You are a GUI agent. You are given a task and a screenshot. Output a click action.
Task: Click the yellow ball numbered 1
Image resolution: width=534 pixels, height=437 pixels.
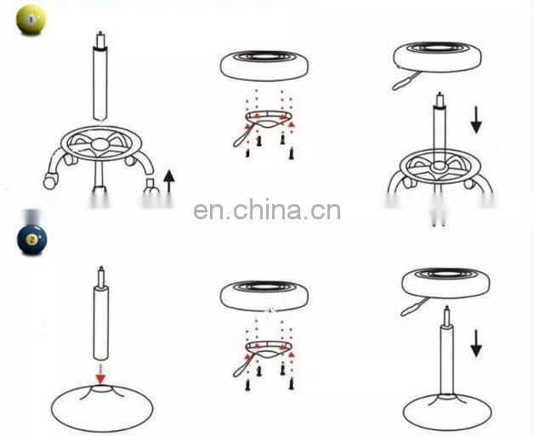30,20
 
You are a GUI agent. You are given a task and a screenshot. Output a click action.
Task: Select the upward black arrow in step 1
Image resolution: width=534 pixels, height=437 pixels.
168,181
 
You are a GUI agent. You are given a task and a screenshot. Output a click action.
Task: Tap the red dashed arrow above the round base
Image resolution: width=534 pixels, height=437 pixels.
101,372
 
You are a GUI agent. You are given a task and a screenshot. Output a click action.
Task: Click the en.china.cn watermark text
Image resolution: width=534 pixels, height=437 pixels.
267,210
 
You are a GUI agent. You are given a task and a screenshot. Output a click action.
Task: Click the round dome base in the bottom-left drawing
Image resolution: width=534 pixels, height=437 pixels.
101,406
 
